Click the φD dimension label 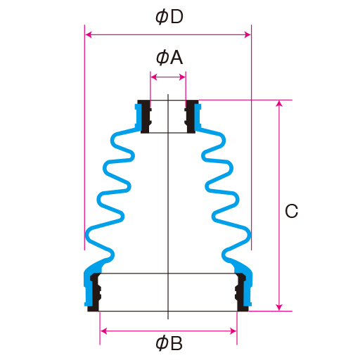169,17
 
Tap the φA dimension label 169,58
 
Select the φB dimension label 169,343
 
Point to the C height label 292,211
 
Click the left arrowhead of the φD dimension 89,35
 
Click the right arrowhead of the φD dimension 247,35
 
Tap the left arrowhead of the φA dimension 154,77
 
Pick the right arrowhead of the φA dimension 182,77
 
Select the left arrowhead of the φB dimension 103,331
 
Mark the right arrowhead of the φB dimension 233,331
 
